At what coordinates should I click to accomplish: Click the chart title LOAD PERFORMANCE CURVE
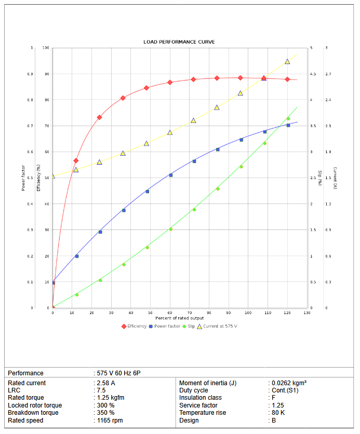tap(179, 42)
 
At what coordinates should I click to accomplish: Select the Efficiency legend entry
tap(134, 326)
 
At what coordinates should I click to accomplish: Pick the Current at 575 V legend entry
tap(219, 326)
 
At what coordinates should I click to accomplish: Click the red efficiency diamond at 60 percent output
tap(170, 83)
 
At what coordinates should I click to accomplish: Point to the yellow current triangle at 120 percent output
tap(287, 61)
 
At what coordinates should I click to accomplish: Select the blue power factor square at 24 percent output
tap(100, 232)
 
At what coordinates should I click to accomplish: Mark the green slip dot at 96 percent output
tap(241, 167)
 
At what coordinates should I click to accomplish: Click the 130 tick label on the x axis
tap(306, 313)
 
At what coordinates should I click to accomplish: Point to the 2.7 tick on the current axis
tap(328, 74)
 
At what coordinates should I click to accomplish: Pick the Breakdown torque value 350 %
tap(105, 413)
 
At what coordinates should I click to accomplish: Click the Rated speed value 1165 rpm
tap(110, 421)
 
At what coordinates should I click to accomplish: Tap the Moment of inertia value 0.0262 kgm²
tap(289, 383)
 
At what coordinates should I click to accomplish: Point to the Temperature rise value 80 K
tap(278, 413)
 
